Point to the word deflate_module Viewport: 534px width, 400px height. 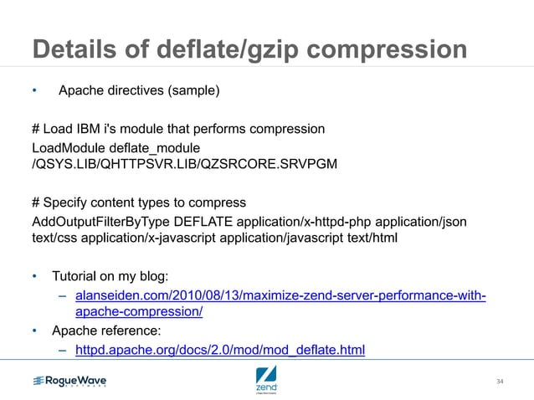click(x=153, y=146)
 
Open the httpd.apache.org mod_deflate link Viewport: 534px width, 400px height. click(x=220, y=350)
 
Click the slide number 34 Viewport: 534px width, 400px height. click(x=500, y=382)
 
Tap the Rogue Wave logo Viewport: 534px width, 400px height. click(x=69, y=382)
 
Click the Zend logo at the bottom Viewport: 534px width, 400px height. click(x=266, y=379)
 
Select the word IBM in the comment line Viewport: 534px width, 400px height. click(x=94, y=130)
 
